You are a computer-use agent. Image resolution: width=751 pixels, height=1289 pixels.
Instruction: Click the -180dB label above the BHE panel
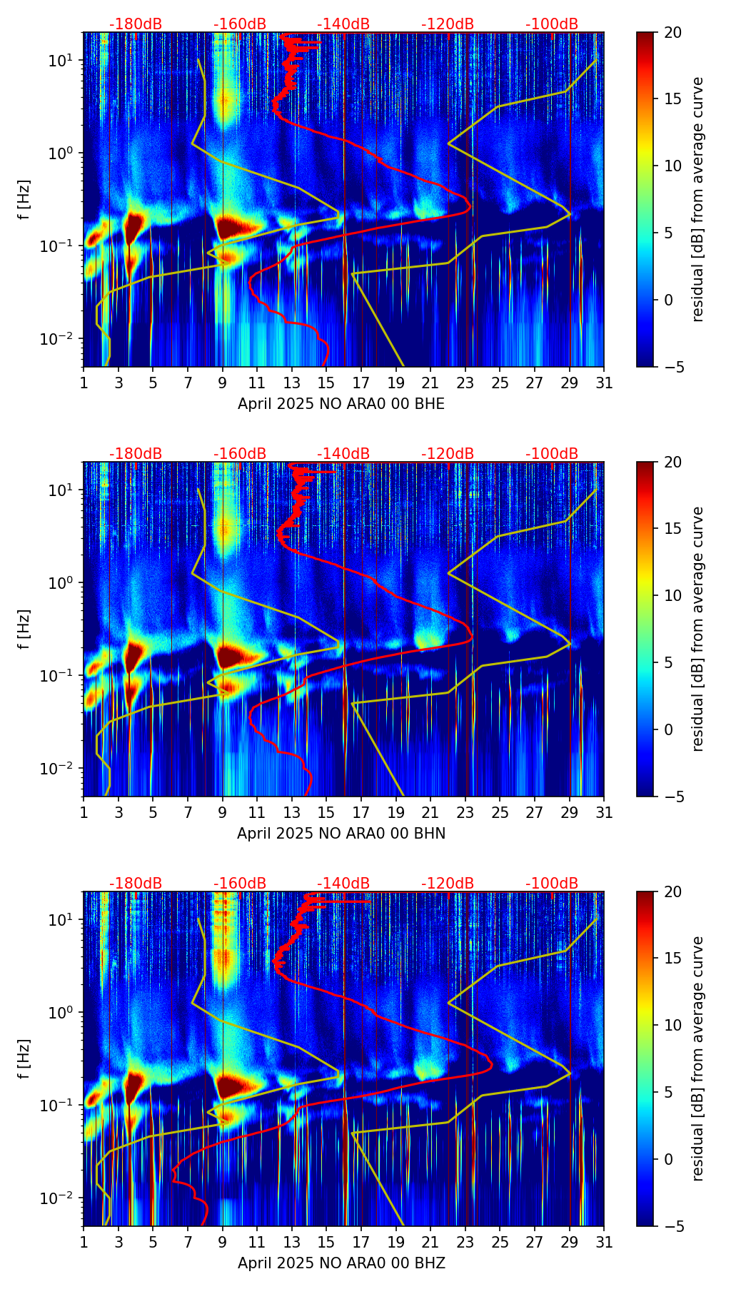(136, 24)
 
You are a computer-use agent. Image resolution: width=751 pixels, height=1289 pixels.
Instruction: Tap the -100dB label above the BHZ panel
(552, 884)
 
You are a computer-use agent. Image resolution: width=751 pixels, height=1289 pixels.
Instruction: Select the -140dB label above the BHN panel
(343, 454)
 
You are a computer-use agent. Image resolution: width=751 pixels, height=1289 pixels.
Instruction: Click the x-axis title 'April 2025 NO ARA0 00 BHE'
(341, 404)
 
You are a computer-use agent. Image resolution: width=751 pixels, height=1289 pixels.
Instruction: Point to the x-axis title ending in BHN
(341, 834)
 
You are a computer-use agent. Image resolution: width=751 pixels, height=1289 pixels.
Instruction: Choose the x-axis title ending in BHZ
(341, 1263)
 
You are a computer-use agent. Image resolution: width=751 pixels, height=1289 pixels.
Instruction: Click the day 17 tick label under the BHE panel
(361, 383)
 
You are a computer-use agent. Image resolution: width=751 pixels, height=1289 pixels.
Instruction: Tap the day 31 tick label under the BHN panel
(604, 813)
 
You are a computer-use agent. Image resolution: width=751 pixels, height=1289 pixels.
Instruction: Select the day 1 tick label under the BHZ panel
(84, 1243)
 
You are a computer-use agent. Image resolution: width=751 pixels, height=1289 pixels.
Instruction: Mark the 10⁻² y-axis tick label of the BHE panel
(58, 338)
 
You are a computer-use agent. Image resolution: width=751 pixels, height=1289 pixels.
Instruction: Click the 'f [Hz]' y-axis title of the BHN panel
(25, 629)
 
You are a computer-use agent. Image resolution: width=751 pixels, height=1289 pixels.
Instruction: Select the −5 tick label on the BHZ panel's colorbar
(677, 1226)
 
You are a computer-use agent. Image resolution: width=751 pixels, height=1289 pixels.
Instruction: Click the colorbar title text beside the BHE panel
(697, 200)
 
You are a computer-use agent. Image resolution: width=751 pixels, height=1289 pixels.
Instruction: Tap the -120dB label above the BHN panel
(448, 454)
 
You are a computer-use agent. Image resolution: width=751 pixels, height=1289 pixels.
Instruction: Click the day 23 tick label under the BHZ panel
(465, 1243)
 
